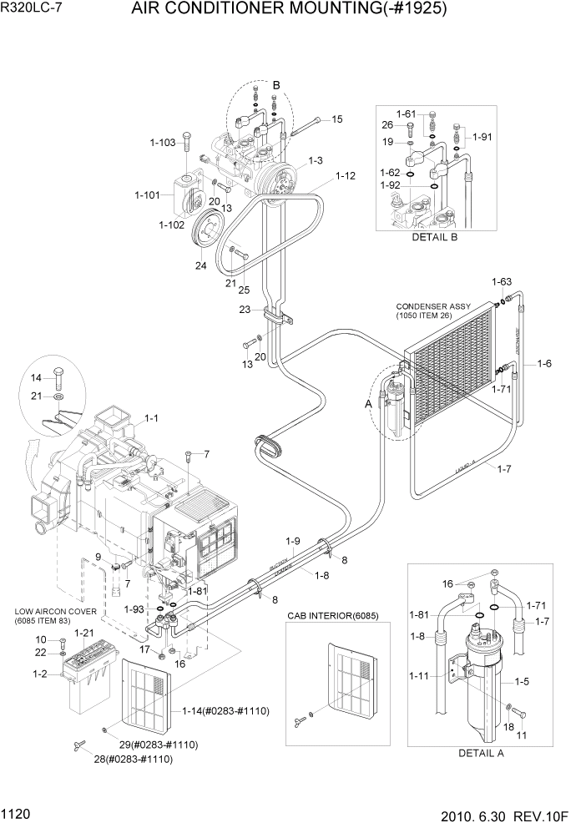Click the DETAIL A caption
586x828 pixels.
(482, 753)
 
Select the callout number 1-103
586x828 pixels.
(163, 143)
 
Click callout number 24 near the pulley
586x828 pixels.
(200, 266)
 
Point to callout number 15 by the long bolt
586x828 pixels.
(336, 119)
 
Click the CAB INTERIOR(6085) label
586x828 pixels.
(326, 615)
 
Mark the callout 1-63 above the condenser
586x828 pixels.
(501, 281)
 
